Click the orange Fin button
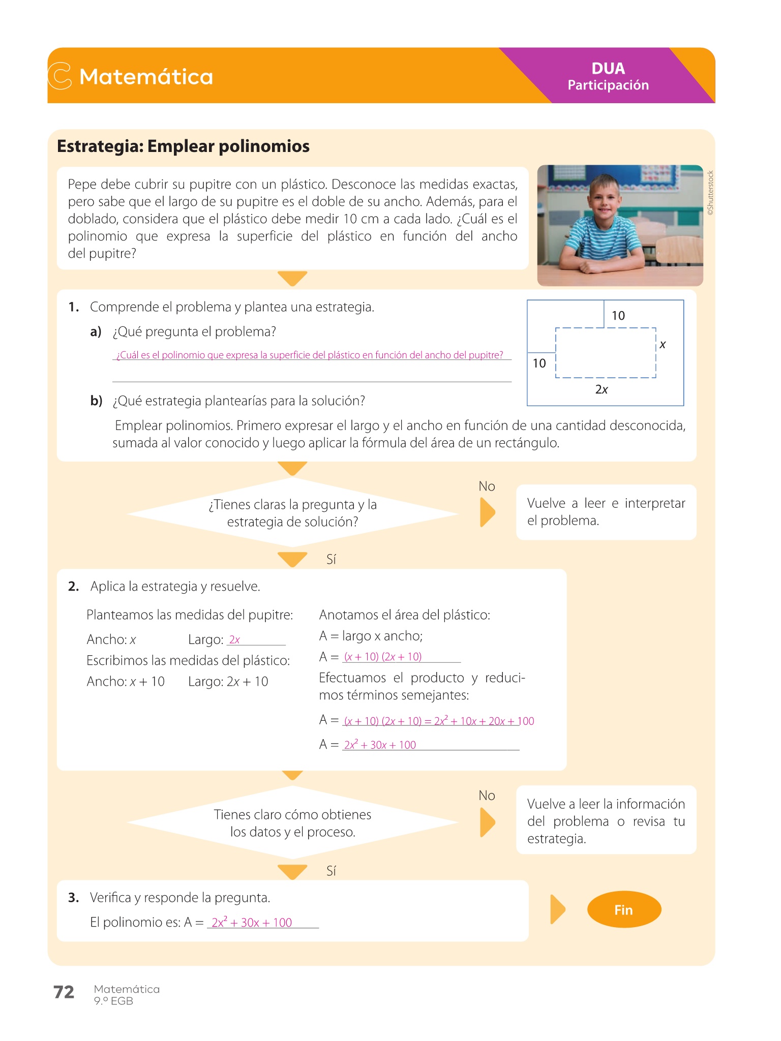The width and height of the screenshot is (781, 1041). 624,909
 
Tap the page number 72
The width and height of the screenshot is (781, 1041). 64,992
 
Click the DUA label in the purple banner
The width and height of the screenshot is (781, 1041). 608,69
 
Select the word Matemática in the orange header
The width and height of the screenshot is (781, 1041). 146,77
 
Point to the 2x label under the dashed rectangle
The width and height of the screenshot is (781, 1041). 602,389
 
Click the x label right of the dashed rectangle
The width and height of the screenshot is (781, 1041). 663,345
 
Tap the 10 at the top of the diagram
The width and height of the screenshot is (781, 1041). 618,316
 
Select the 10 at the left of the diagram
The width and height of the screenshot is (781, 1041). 539,363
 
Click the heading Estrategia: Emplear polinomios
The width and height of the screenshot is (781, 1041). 183,146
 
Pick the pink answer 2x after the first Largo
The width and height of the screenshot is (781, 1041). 234,639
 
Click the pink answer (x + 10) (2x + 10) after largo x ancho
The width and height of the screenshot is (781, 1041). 383,657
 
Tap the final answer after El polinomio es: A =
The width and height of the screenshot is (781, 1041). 252,923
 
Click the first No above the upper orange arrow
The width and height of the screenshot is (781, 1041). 487,486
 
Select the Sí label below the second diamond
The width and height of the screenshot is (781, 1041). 331,871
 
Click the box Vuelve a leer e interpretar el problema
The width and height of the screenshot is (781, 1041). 606,512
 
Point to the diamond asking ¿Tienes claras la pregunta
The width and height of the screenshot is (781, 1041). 292,513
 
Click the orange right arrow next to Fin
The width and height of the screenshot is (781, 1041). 558,909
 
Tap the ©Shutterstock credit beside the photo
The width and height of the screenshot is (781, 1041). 711,193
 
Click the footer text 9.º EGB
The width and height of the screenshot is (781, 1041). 113,1001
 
